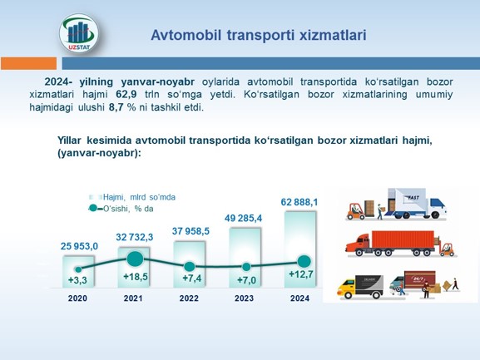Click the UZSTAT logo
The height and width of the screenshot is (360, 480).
79,33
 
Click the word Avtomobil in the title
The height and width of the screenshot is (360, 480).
186,35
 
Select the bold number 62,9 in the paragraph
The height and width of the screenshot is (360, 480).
126,94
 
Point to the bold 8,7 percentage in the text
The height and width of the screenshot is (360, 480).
116,107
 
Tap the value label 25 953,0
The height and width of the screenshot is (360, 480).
79,246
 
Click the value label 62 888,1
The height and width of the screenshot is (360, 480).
299,202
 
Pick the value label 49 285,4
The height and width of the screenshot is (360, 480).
244,218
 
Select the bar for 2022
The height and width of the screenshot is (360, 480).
189,264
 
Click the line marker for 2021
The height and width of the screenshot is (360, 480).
135,259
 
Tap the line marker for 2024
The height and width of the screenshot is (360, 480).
304,262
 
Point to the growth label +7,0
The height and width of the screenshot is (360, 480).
247,280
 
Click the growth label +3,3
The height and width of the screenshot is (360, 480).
77,280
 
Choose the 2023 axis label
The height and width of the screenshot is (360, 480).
244,298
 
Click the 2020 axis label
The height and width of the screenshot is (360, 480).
77,298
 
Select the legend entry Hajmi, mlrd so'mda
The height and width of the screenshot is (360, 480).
132,197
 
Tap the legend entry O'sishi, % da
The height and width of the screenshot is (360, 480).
121,209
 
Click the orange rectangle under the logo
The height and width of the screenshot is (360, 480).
29,63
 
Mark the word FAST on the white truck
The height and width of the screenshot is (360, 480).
413,198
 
